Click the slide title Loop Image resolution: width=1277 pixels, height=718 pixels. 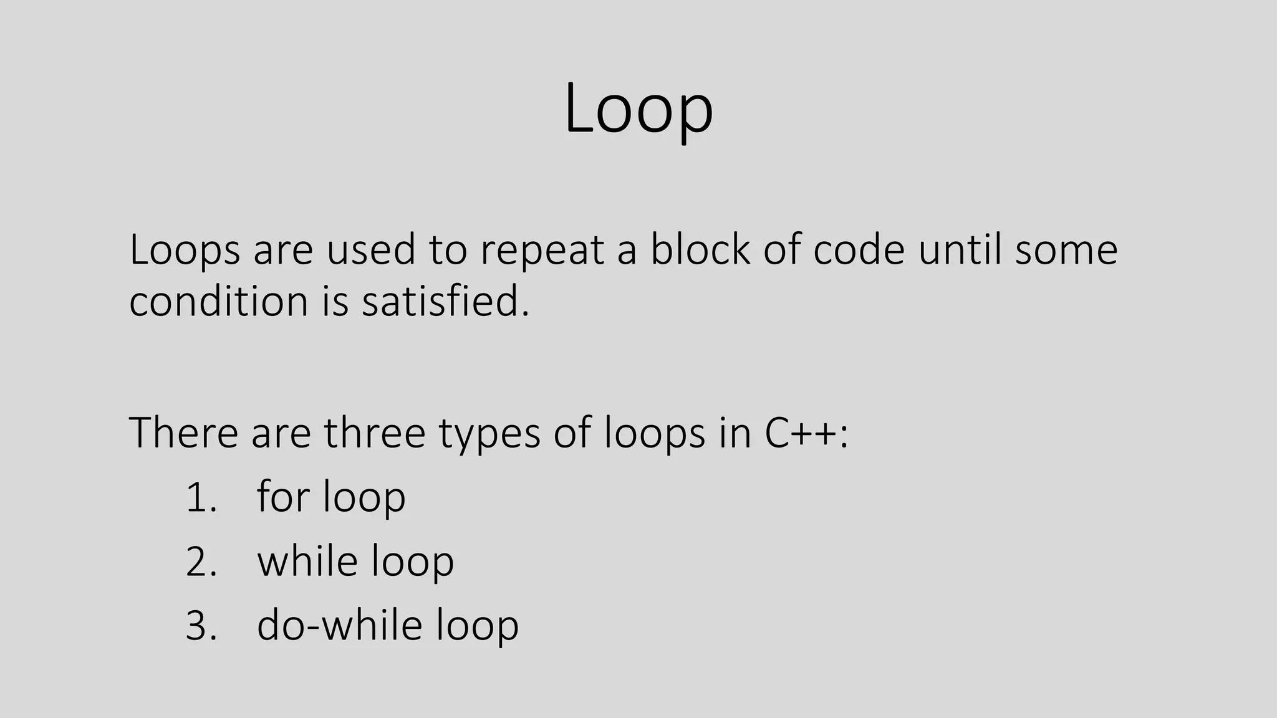click(638, 109)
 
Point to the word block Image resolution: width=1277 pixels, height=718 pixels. click(700, 249)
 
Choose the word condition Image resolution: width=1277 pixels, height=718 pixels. click(219, 301)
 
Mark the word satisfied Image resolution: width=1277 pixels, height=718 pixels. click(445, 301)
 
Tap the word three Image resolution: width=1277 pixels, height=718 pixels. click(374, 433)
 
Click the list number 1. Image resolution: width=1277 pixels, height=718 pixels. click(201, 498)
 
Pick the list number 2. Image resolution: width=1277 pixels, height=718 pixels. click(201, 562)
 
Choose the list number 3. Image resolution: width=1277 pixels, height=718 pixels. click(201, 626)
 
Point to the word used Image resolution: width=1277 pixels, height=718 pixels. click(371, 249)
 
